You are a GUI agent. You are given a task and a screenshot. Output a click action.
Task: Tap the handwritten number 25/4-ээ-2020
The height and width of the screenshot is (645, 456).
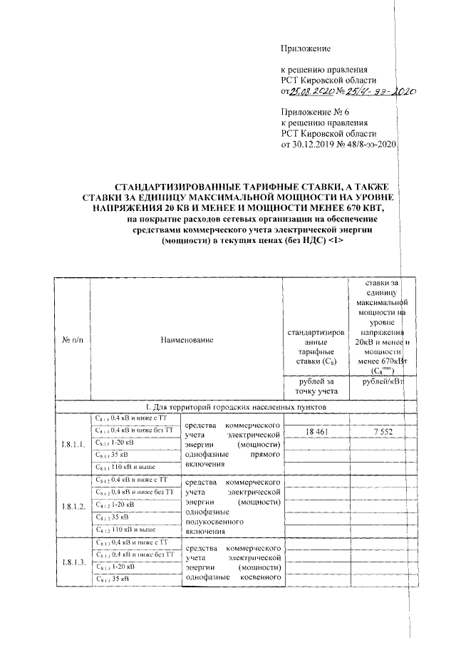click(x=380, y=92)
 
